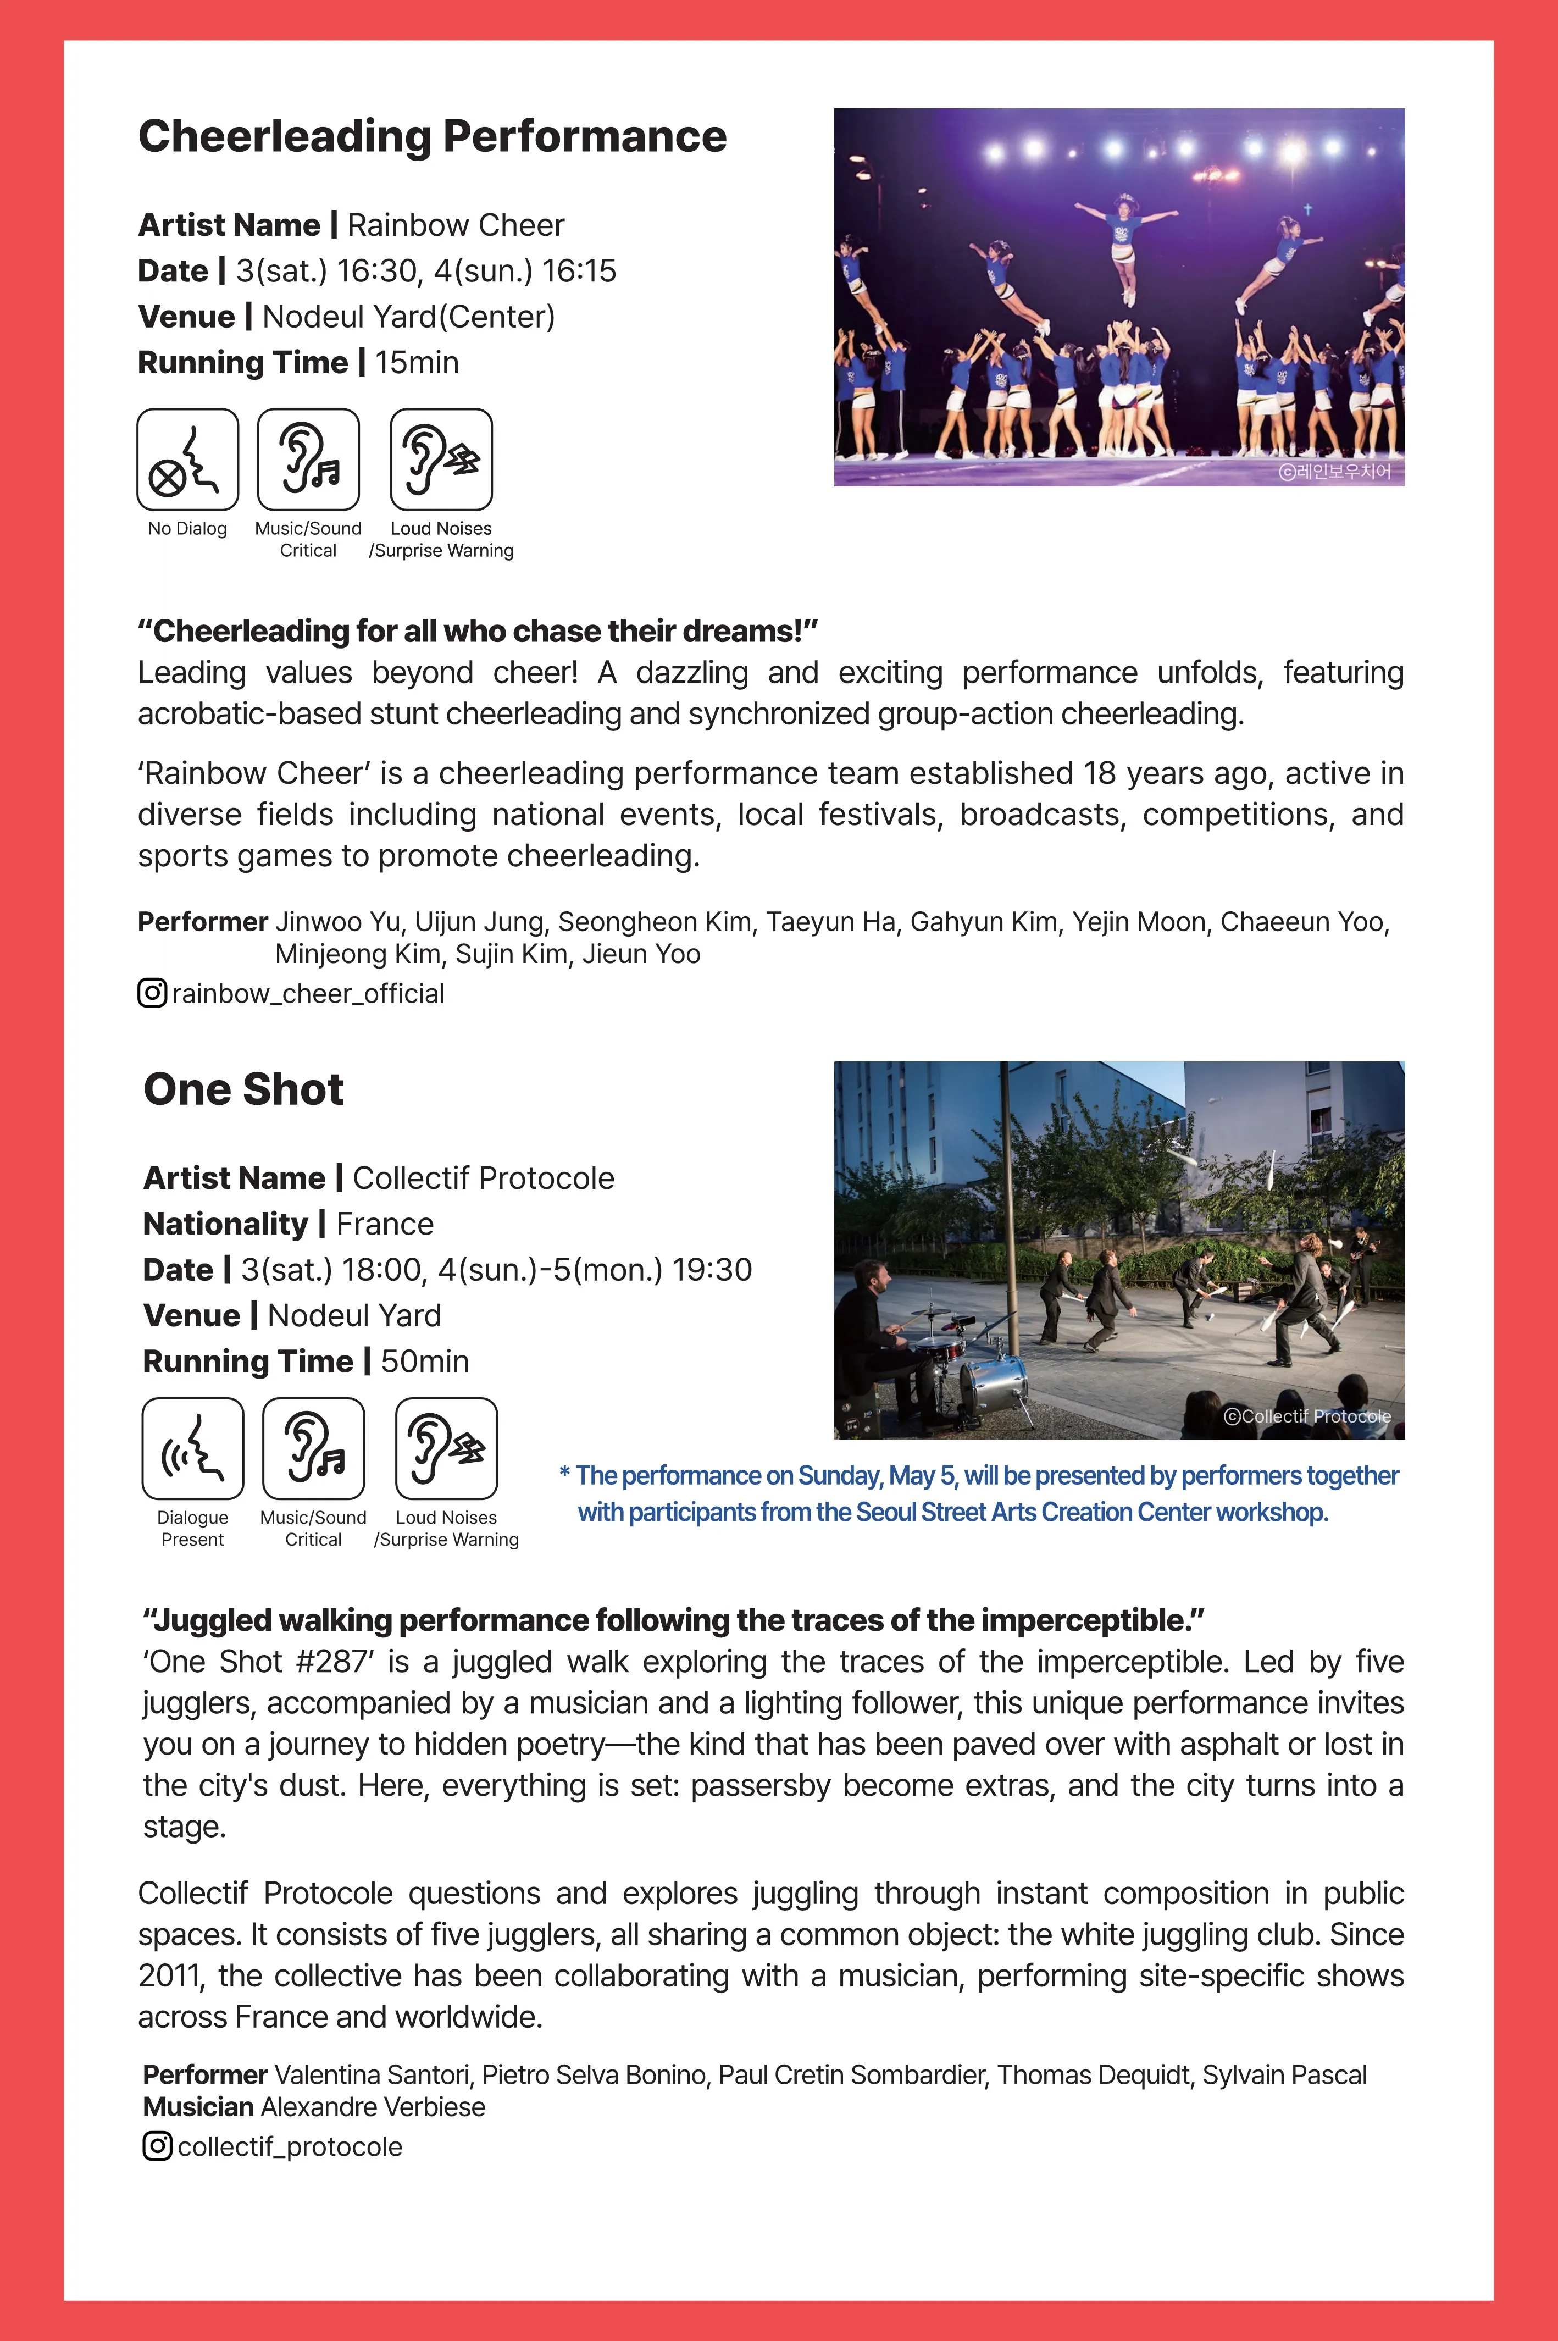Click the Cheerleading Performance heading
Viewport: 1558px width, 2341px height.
tap(432, 136)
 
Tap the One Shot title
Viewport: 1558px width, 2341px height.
tap(243, 1089)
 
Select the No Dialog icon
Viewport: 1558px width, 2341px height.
tap(188, 460)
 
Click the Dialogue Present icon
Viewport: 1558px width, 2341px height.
tap(193, 1449)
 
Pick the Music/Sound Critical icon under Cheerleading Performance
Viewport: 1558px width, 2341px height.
tap(308, 460)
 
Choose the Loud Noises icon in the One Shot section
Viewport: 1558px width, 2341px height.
tap(446, 1449)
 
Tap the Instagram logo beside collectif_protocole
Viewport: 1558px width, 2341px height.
tap(157, 2146)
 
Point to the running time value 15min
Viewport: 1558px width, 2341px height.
tap(417, 363)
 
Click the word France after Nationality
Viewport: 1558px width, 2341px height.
tap(385, 1224)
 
